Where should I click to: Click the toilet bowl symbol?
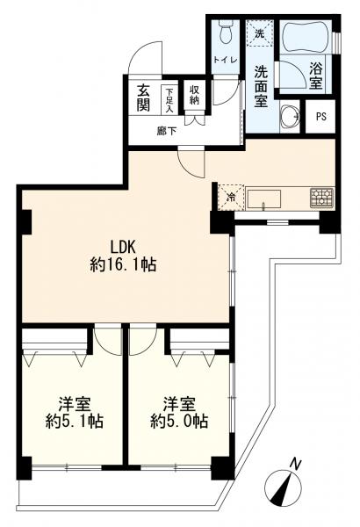coord(224,31)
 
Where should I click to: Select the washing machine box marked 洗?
coord(259,33)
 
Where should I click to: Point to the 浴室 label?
coord(315,76)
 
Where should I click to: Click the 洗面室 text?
coord(261,86)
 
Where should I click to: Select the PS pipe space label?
coord(321,117)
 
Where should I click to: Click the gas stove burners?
coord(321,197)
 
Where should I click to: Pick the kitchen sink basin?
coord(264,199)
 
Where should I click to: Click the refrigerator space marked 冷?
coord(231,198)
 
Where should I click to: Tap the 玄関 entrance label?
coord(143,98)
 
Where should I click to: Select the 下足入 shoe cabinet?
coord(169,100)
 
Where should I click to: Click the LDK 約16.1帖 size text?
coord(123,256)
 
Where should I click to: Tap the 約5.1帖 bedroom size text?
coord(75,421)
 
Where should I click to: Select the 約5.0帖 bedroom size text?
coord(179,421)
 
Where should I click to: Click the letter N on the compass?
coord(295,465)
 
